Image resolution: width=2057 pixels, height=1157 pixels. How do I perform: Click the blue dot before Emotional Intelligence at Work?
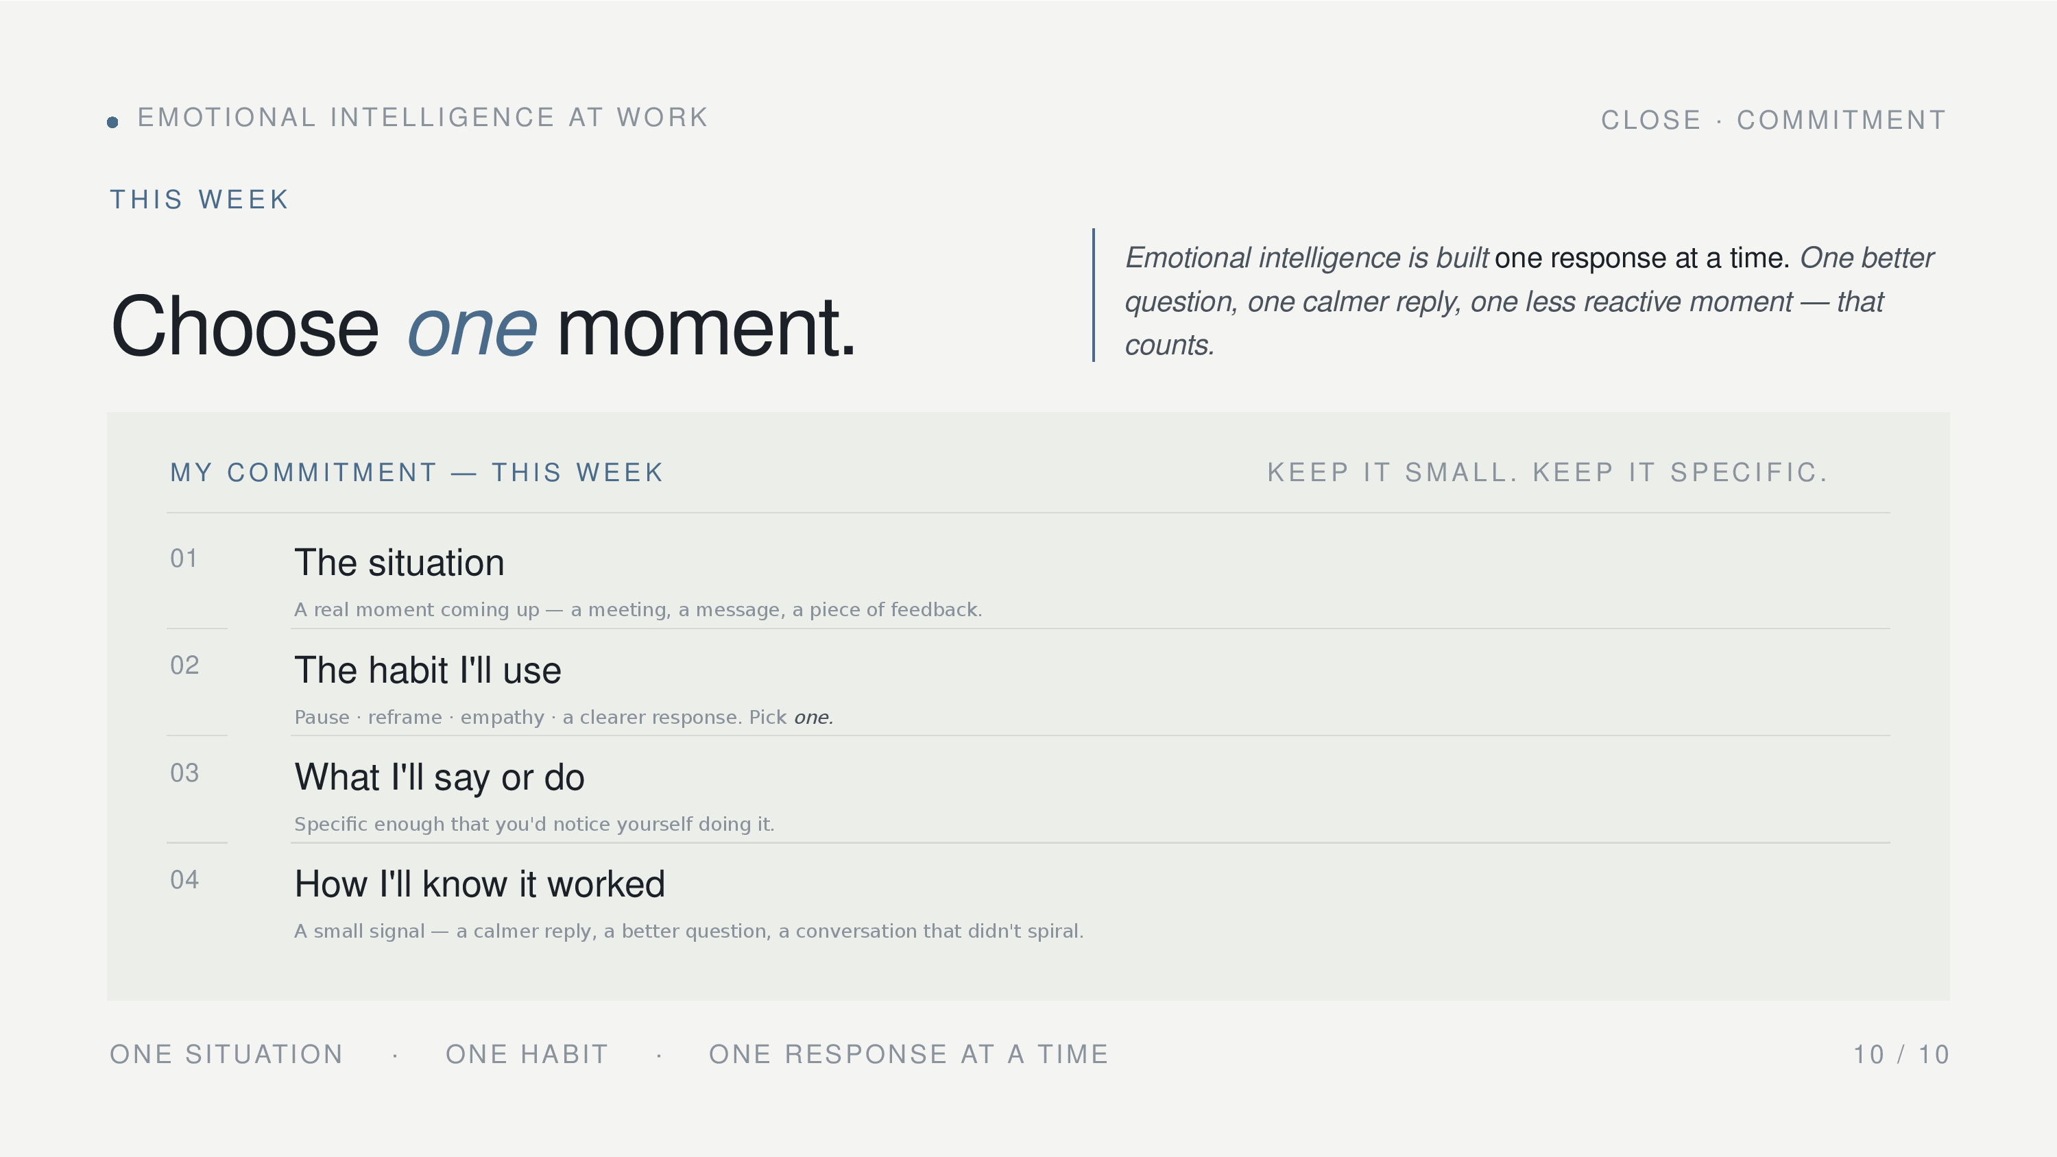(112, 122)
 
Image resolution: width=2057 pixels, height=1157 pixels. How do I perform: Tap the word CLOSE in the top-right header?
(1650, 120)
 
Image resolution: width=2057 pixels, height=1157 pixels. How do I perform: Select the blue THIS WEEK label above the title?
(199, 199)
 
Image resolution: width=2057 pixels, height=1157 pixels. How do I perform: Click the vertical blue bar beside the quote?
(1093, 295)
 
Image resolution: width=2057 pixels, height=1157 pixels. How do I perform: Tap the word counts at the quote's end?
(1169, 345)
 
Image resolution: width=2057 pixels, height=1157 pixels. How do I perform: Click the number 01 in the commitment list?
(184, 558)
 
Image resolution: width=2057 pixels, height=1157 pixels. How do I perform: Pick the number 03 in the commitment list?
(184, 773)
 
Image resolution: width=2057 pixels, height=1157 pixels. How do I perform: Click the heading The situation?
(399, 562)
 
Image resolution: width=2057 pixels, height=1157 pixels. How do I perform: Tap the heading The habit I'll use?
(428, 670)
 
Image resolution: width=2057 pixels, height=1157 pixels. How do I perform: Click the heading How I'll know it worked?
(480, 884)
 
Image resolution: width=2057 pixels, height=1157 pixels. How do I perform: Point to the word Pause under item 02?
(322, 717)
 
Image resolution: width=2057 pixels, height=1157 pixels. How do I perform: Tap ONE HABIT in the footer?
(527, 1054)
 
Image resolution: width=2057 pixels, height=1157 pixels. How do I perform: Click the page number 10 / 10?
(1901, 1055)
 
